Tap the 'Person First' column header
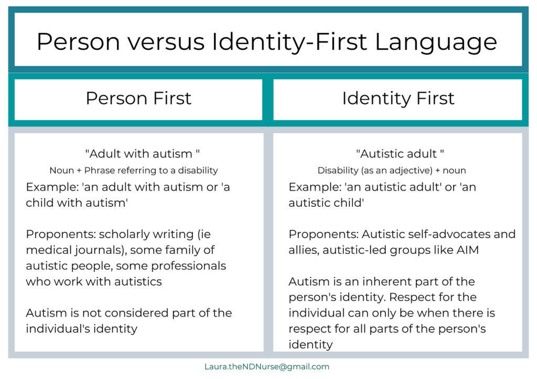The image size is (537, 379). pyautogui.click(x=138, y=98)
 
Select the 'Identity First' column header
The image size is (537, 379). pyautogui.click(x=398, y=98)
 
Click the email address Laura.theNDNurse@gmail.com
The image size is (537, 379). pyautogui.click(x=267, y=366)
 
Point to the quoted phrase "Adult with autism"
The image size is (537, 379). pyautogui.click(x=143, y=154)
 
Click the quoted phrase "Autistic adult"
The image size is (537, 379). pyautogui.click(x=400, y=154)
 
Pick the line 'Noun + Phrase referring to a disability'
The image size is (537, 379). pyautogui.click(x=134, y=170)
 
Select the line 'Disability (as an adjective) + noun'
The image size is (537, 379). pyautogui.click(x=392, y=170)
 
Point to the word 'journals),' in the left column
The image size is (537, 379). pyautogui.click(x=94, y=250)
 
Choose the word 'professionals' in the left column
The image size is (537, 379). pyautogui.click(x=192, y=266)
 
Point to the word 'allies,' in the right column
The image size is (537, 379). pyautogui.click(x=304, y=250)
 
